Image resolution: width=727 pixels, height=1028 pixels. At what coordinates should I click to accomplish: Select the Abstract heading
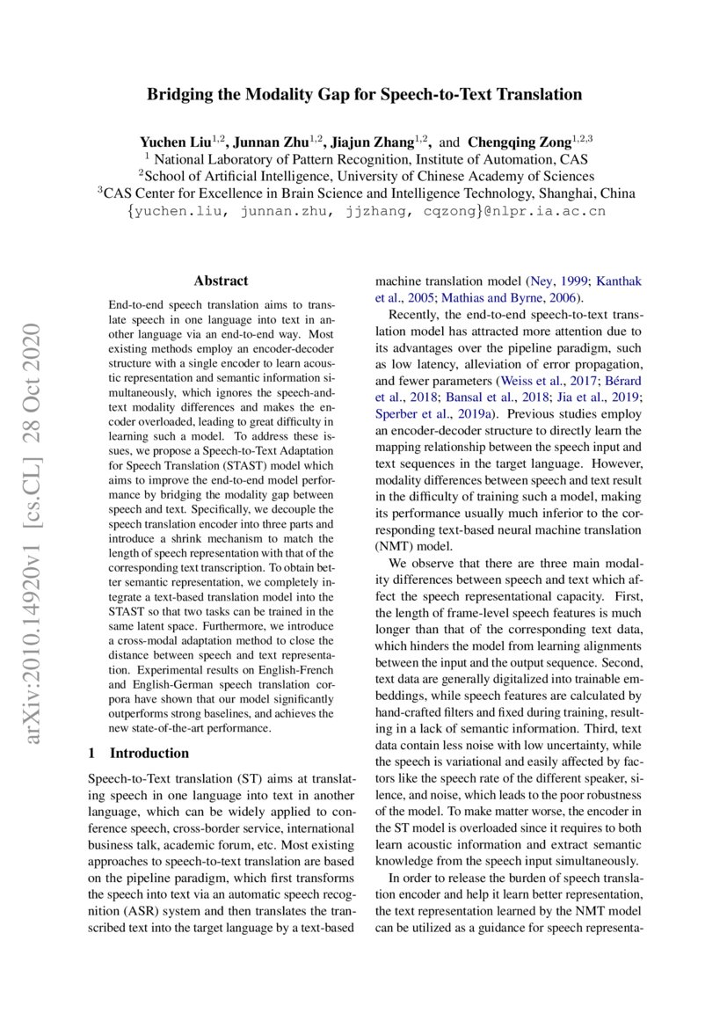click(x=221, y=281)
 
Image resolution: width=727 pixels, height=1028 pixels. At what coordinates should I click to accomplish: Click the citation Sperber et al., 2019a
click(x=423, y=413)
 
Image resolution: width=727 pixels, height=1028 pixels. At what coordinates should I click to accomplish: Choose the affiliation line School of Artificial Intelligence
click(x=366, y=176)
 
